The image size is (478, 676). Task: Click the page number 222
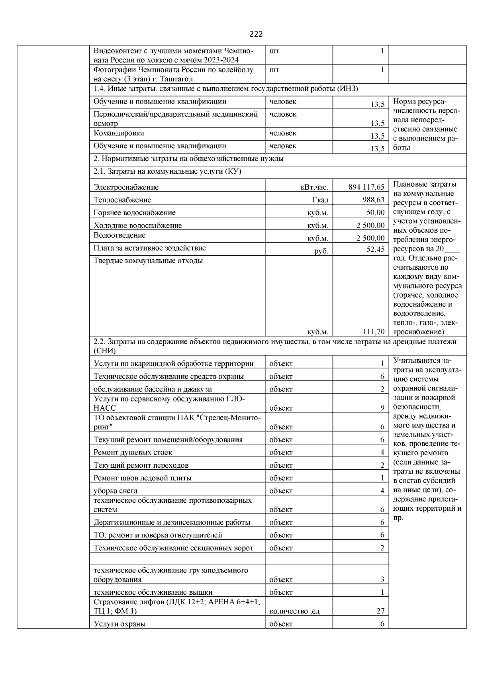coord(256,34)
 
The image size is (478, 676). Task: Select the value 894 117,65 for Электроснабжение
coord(366,187)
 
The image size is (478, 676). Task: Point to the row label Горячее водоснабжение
coord(134,213)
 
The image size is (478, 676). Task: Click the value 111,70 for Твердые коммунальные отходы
coord(373,331)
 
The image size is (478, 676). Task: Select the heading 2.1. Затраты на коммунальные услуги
coord(167,171)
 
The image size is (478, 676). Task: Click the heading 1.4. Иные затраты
coord(225,88)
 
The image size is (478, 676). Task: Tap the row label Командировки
coord(119,133)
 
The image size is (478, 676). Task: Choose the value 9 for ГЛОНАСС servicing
coord(382,408)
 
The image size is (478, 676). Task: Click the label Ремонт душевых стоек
coord(133,452)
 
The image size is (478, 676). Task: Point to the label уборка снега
coord(116,491)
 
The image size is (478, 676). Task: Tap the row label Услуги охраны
coord(119,624)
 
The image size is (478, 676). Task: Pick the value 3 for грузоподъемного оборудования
coord(382,580)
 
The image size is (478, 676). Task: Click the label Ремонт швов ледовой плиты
coord(142,478)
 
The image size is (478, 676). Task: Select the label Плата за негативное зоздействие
coord(149,248)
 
